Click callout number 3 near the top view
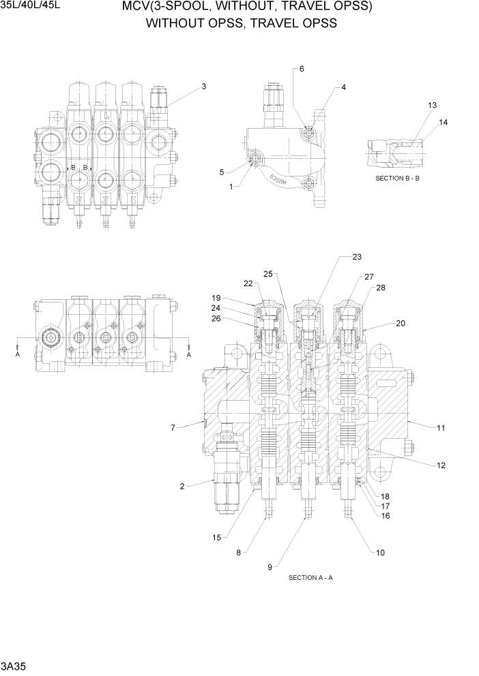click(x=203, y=87)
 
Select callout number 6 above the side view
click(x=302, y=69)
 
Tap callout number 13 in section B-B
click(x=432, y=105)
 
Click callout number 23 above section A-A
click(x=356, y=257)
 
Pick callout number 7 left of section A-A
click(x=173, y=428)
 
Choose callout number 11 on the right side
click(x=441, y=428)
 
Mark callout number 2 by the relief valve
click(x=182, y=486)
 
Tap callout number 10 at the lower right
click(x=380, y=553)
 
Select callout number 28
click(x=380, y=288)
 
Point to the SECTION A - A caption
click(x=310, y=578)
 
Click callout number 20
click(x=401, y=323)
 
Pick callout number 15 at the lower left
click(x=216, y=538)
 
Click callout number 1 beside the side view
click(x=231, y=186)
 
